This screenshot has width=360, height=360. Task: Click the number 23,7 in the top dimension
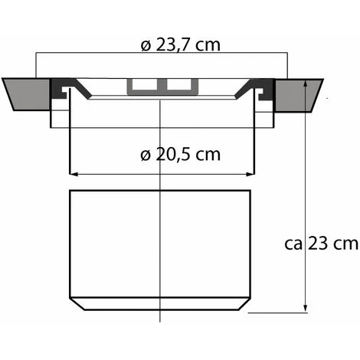[x=175, y=44]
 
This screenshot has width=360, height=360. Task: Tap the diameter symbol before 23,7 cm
[x=146, y=44]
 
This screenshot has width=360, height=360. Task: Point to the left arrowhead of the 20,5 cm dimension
[x=74, y=174]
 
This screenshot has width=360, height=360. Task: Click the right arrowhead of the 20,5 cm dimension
[x=249, y=174]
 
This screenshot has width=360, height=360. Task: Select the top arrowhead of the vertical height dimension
[x=306, y=84]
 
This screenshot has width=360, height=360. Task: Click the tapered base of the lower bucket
[x=161, y=305]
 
